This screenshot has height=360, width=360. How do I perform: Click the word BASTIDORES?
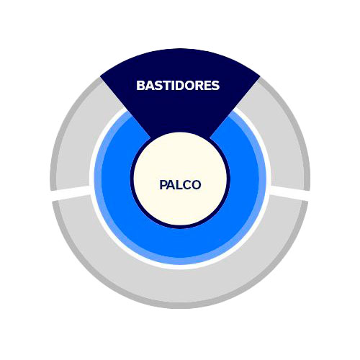pos(178,86)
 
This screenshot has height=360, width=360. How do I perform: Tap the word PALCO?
pos(180,185)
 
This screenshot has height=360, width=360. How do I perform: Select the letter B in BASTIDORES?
pos(140,86)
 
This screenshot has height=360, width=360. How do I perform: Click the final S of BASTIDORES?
pos(215,86)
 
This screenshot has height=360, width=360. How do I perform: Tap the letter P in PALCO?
pos(163,185)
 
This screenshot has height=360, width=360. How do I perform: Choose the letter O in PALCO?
pos(196,185)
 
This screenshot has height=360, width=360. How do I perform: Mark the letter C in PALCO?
pos(186,185)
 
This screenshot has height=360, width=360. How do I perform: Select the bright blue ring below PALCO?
pos(180,243)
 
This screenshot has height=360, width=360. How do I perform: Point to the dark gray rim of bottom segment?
pos(180,305)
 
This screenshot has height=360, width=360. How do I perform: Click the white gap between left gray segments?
pos(71,193)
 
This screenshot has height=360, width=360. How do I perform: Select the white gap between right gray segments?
pos(289,193)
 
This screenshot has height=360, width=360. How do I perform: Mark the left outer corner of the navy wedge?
pos(100,77)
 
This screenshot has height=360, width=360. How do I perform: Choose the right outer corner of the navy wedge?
pos(260,77)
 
